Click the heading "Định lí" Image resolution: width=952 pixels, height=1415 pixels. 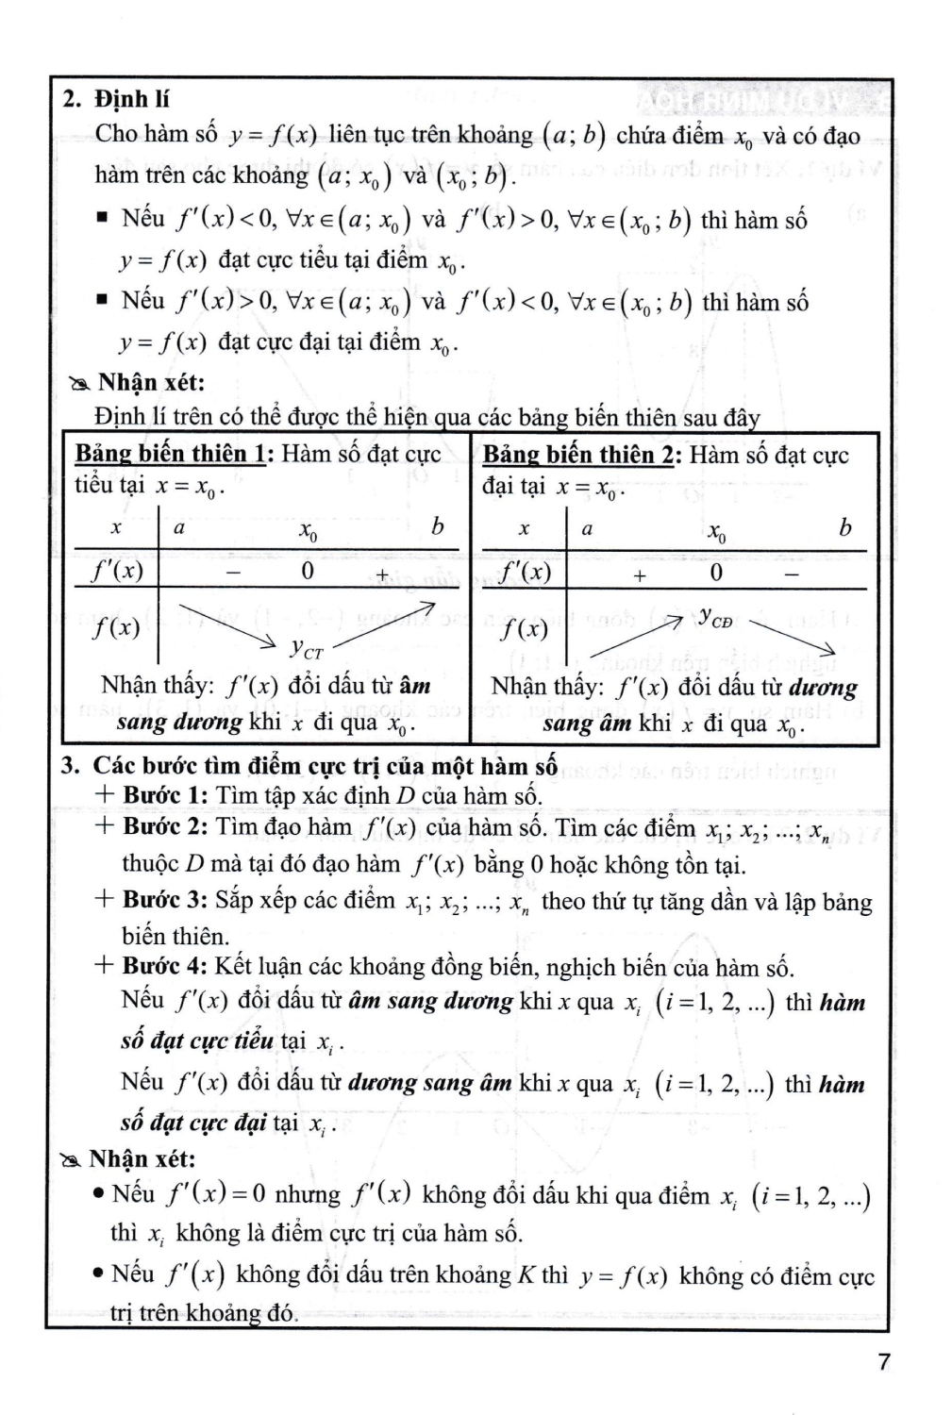click(x=132, y=99)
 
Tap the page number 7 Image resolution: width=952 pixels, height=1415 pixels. click(x=883, y=1362)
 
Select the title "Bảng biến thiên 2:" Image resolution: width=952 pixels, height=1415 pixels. click(x=582, y=455)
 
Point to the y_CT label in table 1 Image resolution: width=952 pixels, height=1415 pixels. click(x=307, y=649)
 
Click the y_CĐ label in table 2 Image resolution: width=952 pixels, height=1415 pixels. click(x=715, y=618)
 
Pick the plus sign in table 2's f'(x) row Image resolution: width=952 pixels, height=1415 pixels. click(x=640, y=574)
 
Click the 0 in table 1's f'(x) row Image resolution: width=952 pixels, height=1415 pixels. click(x=308, y=572)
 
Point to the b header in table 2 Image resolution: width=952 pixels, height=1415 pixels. click(x=844, y=527)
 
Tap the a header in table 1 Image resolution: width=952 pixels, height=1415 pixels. click(x=179, y=528)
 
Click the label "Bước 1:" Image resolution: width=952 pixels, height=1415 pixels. click(x=164, y=794)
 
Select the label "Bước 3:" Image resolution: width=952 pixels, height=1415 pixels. click(x=164, y=899)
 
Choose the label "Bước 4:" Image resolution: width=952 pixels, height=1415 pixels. click(x=164, y=967)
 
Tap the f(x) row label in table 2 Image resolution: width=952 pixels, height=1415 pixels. click(x=524, y=629)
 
